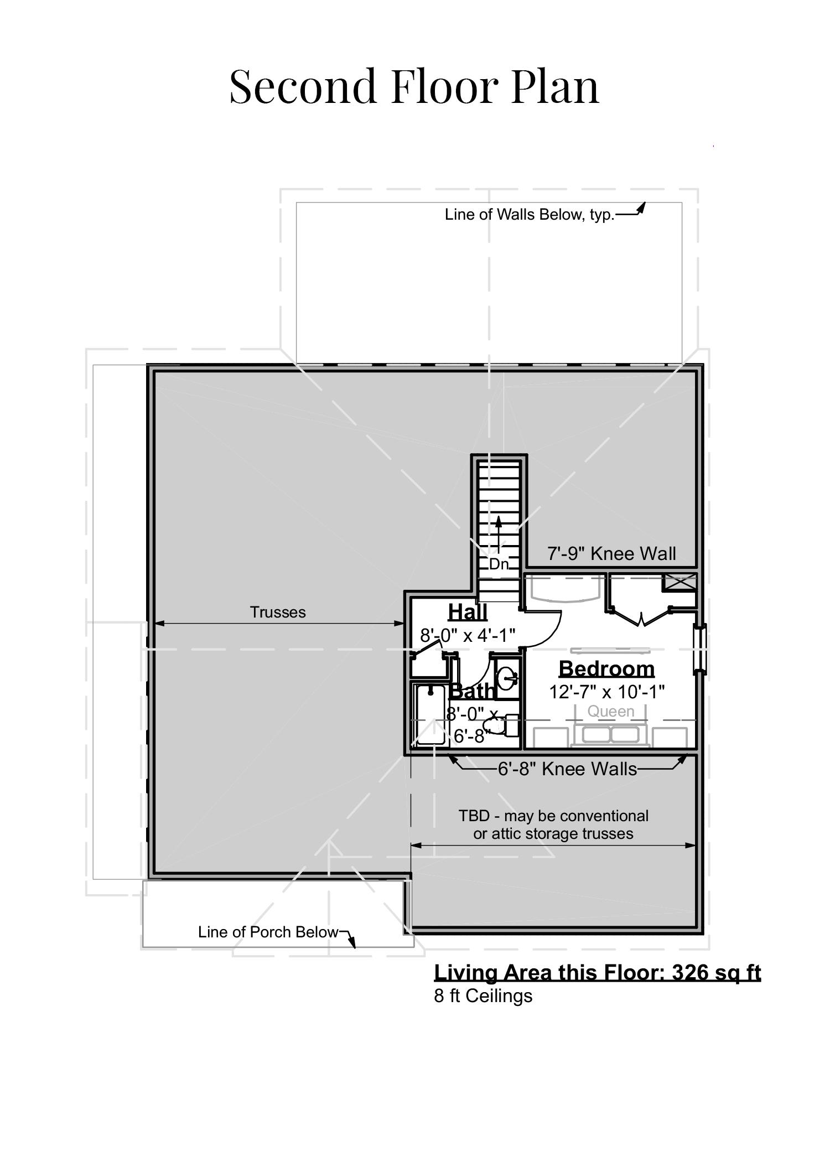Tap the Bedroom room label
pos(606,668)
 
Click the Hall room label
pos(468,612)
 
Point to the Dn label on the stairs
pos(499,564)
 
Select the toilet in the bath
pos(496,725)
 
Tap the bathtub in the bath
pos(430,715)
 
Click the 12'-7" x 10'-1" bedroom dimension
pos(606,692)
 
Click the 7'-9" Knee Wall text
pos(611,553)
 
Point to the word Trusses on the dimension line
pos(278,612)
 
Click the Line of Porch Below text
pos(268,932)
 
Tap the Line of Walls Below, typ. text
pos(530,215)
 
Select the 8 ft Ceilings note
pos(483,995)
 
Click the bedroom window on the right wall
pos(700,649)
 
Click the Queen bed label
pos(611,712)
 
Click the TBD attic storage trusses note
pos(553,824)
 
